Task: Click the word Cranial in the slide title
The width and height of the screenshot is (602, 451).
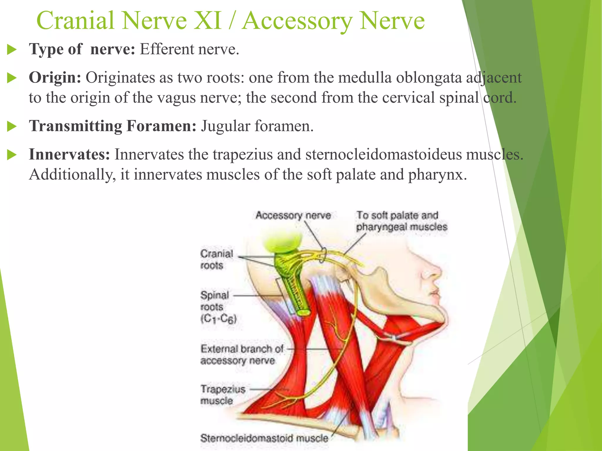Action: click(x=75, y=21)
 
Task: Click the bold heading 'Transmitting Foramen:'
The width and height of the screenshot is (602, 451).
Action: click(x=113, y=126)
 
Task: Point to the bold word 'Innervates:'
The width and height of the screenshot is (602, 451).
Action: click(x=69, y=154)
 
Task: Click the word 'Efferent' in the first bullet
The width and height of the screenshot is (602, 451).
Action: click(x=167, y=49)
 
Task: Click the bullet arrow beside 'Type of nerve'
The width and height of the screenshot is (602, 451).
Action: click(x=11, y=49)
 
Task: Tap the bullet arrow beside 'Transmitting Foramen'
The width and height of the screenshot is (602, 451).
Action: click(x=11, y=127)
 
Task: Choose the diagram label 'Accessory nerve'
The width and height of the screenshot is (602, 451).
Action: click(x=293, y=215)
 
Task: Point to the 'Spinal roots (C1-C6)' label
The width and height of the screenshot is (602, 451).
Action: click(x=218, y=307)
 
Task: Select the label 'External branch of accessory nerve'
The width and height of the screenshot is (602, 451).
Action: click(x=241, y=354)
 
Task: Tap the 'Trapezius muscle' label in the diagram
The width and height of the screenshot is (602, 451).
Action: click(x=223, y=395)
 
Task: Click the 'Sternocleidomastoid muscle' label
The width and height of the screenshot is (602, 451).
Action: click(x=264, y=438)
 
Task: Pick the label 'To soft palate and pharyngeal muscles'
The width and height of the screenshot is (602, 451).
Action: click(x=401, y=221)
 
